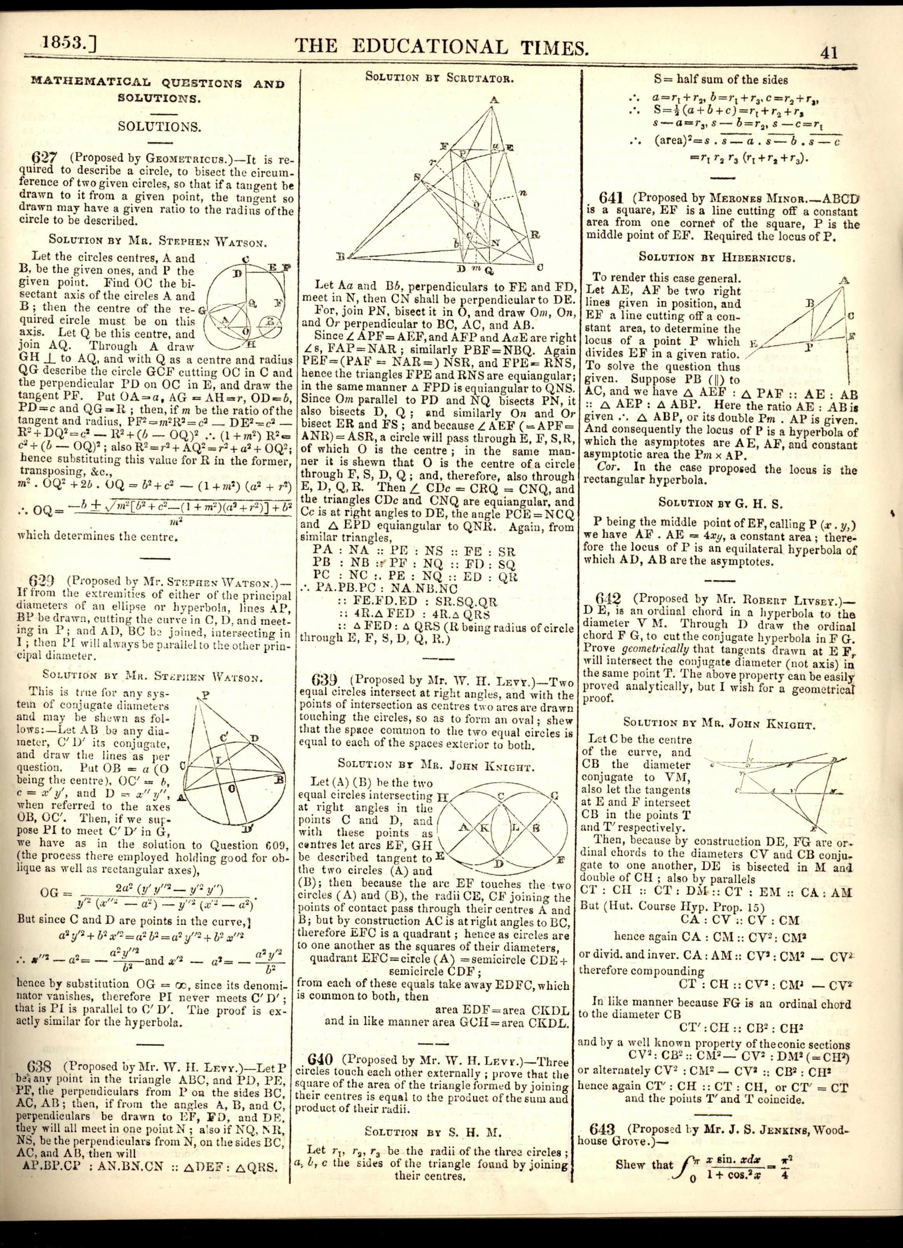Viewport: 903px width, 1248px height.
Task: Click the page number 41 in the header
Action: pos(828,53)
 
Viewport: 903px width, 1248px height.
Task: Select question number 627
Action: pos(43,158)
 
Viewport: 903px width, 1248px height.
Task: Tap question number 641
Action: pos(611,198)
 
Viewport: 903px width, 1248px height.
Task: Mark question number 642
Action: pos(608,598)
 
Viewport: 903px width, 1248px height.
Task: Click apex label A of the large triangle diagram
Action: pos(494,100)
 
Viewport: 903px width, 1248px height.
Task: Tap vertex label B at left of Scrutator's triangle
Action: pos(341,256)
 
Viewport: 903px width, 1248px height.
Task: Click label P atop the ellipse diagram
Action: pos(205,694)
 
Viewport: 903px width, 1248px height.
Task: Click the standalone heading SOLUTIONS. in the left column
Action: pos(159,126)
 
